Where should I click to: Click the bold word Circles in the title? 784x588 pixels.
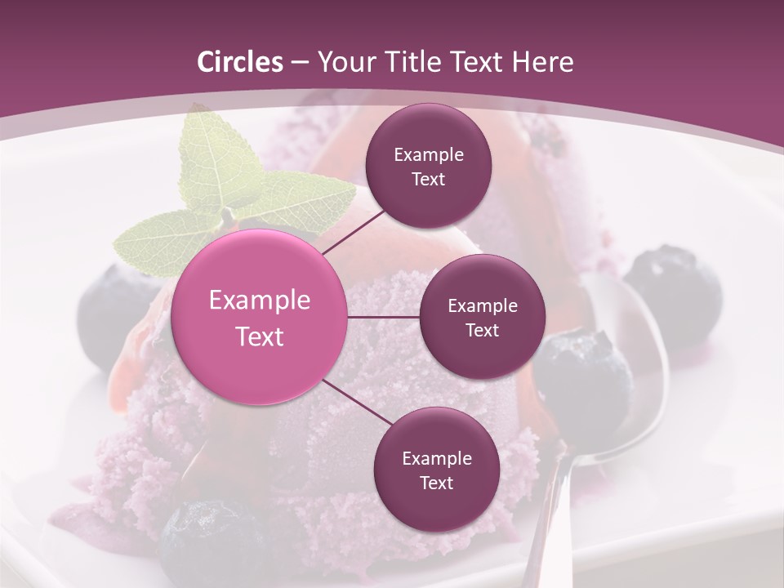coord(239,62)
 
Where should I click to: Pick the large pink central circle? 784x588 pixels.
coord(260,317)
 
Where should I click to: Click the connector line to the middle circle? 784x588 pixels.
coord(384,317)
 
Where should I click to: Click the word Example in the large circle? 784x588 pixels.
coord(260,301)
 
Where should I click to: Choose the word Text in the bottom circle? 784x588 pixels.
coord(436,483)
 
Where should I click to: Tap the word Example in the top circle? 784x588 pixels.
coord(429,154)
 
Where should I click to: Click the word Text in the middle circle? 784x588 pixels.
coord(482,330)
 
